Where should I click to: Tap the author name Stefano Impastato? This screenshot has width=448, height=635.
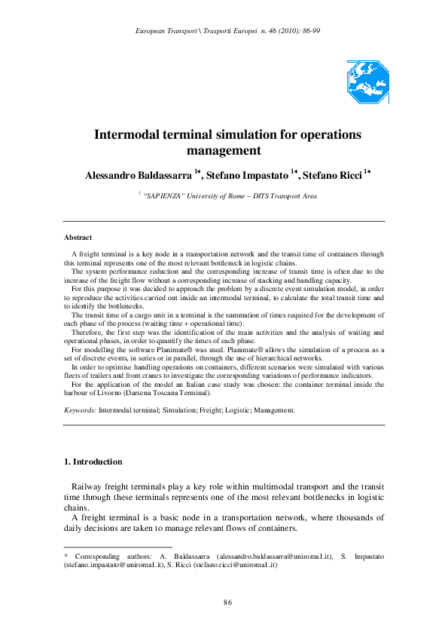pos(245,175)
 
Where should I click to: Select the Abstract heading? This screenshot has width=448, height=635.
pos(78,238)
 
